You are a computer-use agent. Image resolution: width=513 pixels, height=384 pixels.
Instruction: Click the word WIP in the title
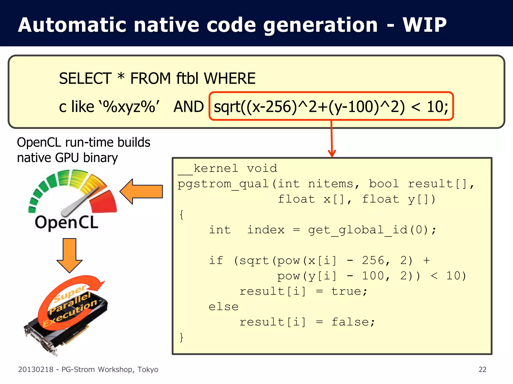pos(424,25)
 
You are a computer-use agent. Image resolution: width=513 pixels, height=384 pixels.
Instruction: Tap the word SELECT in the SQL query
pos(85,78)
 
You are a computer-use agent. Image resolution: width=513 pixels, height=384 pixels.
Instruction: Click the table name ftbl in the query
pos(187,78)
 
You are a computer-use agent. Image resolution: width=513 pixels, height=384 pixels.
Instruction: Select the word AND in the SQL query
pos(189,107)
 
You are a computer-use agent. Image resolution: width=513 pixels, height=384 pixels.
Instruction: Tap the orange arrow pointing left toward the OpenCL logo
pos(142,191)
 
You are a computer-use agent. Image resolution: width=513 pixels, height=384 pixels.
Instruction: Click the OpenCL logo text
pos(67,222)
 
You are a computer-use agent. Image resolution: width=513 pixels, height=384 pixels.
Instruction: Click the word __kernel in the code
pos(208,168)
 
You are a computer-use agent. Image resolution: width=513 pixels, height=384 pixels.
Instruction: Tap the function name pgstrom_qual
pos(223,184)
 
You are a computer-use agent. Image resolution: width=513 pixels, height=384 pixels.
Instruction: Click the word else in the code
pos(223,307)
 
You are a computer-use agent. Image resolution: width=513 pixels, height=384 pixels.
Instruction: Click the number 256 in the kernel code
pos(373,261)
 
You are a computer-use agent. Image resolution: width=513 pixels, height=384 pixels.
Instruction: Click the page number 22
pos(482,369)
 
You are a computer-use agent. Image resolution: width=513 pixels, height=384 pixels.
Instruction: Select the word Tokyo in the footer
pos(148,369)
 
